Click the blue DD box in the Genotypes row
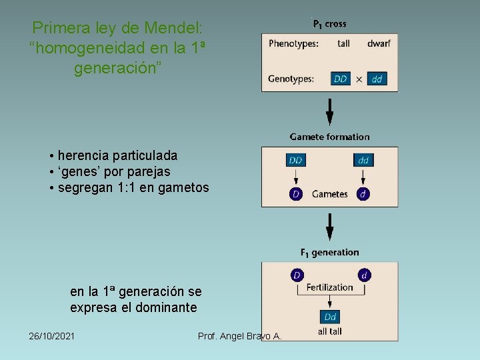(341, 79)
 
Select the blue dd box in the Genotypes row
(377, 79)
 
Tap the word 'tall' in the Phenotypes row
(343, 43)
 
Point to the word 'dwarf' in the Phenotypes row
(379, 43)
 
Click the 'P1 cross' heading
(329, 24)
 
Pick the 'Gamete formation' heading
(329, 137)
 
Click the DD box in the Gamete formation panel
(296, 160)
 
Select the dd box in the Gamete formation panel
(363, 160)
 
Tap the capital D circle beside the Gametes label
(296, 194)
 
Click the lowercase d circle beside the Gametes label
(363, 194)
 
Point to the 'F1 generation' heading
(329, 253)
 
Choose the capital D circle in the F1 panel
(297, 275)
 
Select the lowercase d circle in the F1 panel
(365, 275)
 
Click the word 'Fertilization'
(329, 287)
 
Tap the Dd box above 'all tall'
(330, 317)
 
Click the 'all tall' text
(330, 331)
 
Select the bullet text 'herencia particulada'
(117, 155)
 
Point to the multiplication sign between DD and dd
(359, 79)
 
